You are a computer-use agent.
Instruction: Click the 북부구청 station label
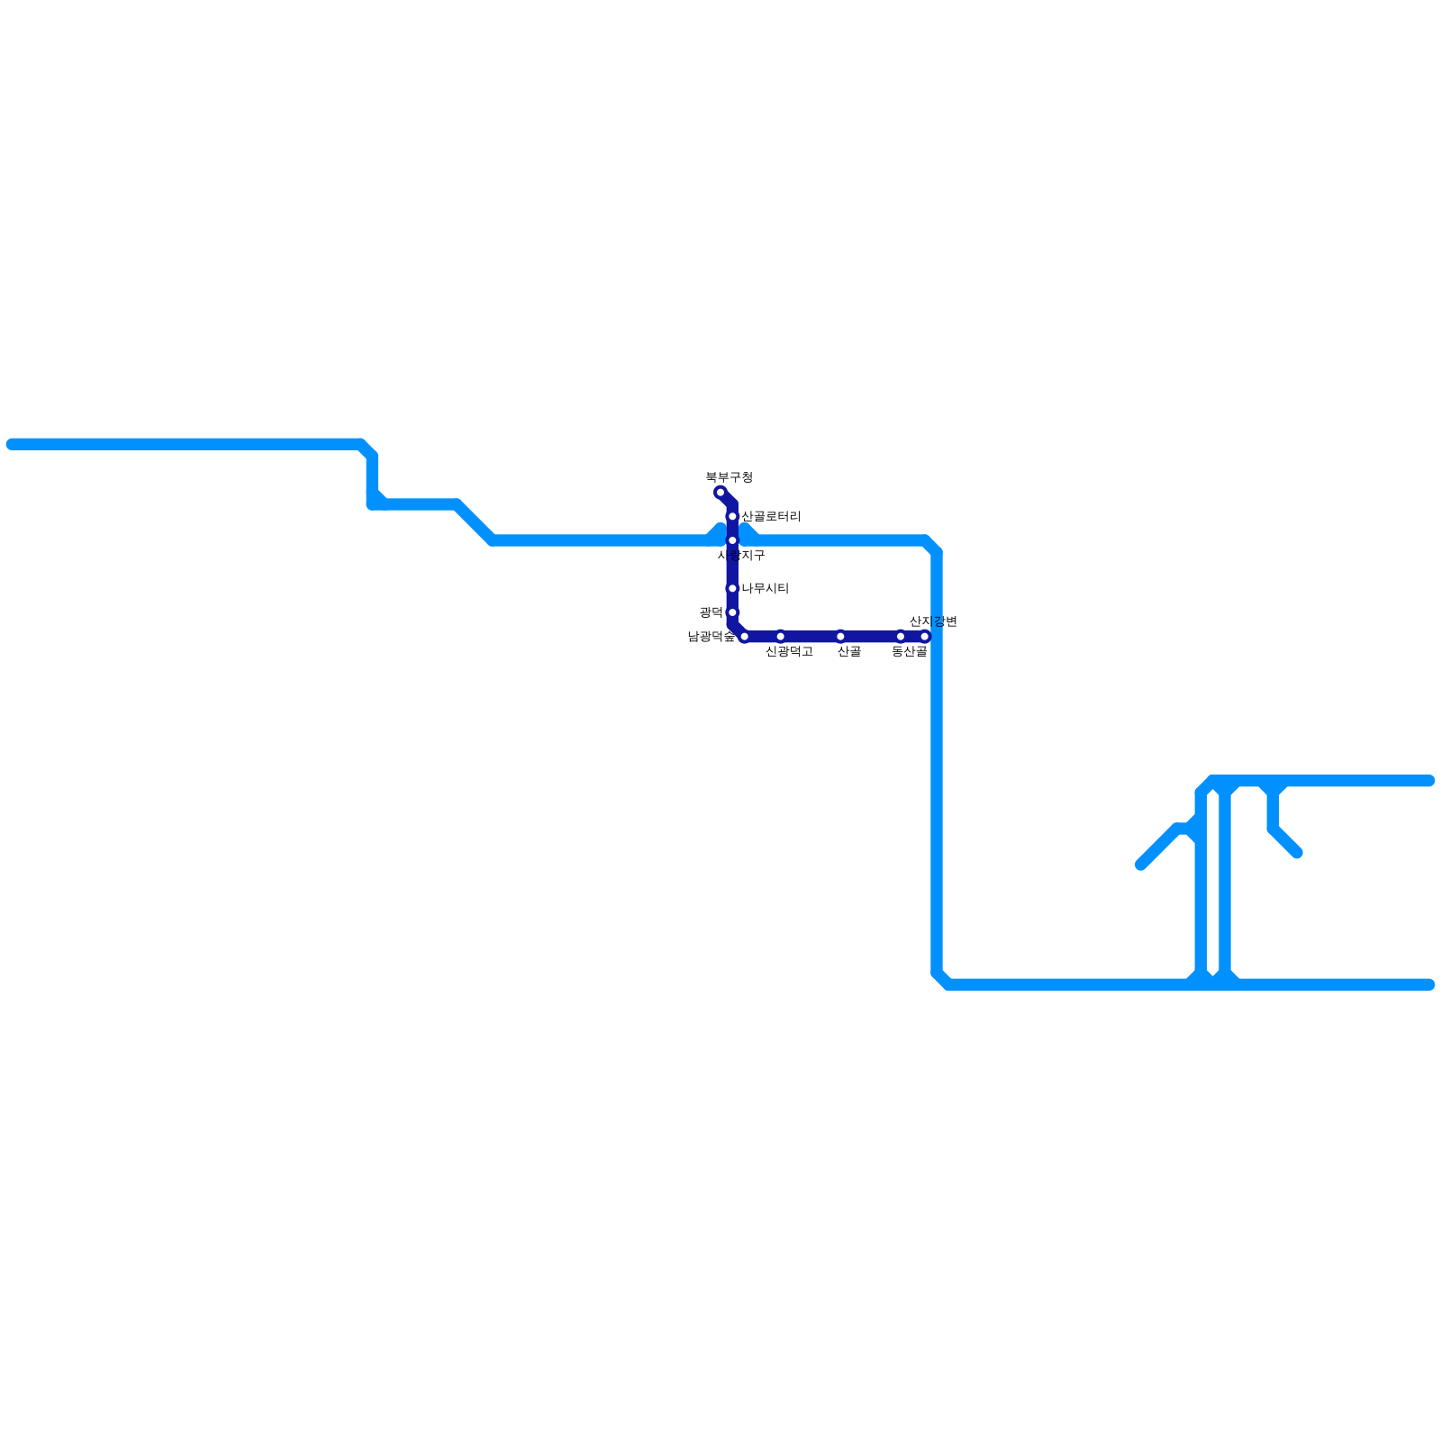[x=729, y=477]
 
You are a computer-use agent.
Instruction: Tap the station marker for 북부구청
[x=720, y=493]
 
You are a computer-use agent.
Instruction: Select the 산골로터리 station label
[x=770, y=517]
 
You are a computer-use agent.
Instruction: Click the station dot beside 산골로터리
[x=732, y=517]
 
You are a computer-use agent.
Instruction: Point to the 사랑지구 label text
[x=741, y=556]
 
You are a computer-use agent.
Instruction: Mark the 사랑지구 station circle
[x=732, y=540]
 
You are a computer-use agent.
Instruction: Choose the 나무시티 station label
[x=765, y=589]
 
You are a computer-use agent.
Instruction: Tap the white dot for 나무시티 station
[x=732, y=589]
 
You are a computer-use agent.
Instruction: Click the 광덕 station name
[x=711, y=612]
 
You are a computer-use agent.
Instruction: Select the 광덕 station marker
[x=732, y=612]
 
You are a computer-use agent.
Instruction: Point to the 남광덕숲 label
[x=711, y=637]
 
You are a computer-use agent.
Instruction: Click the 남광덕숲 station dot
[x=744, y=637]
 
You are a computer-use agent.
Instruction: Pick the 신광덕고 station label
[x=789, y=651]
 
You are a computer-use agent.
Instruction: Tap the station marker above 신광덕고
[x=780, y=637]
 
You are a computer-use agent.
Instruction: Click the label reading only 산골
[x=848, y=651]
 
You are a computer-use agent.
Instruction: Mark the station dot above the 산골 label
[x=840, y=637]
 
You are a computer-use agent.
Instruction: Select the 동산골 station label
[x=909, y=651]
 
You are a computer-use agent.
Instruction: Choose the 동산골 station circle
[x=901, y=637]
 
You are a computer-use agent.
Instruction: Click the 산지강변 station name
[x=932, y=621]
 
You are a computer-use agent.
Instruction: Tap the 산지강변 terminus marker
[x=925, y=637]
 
